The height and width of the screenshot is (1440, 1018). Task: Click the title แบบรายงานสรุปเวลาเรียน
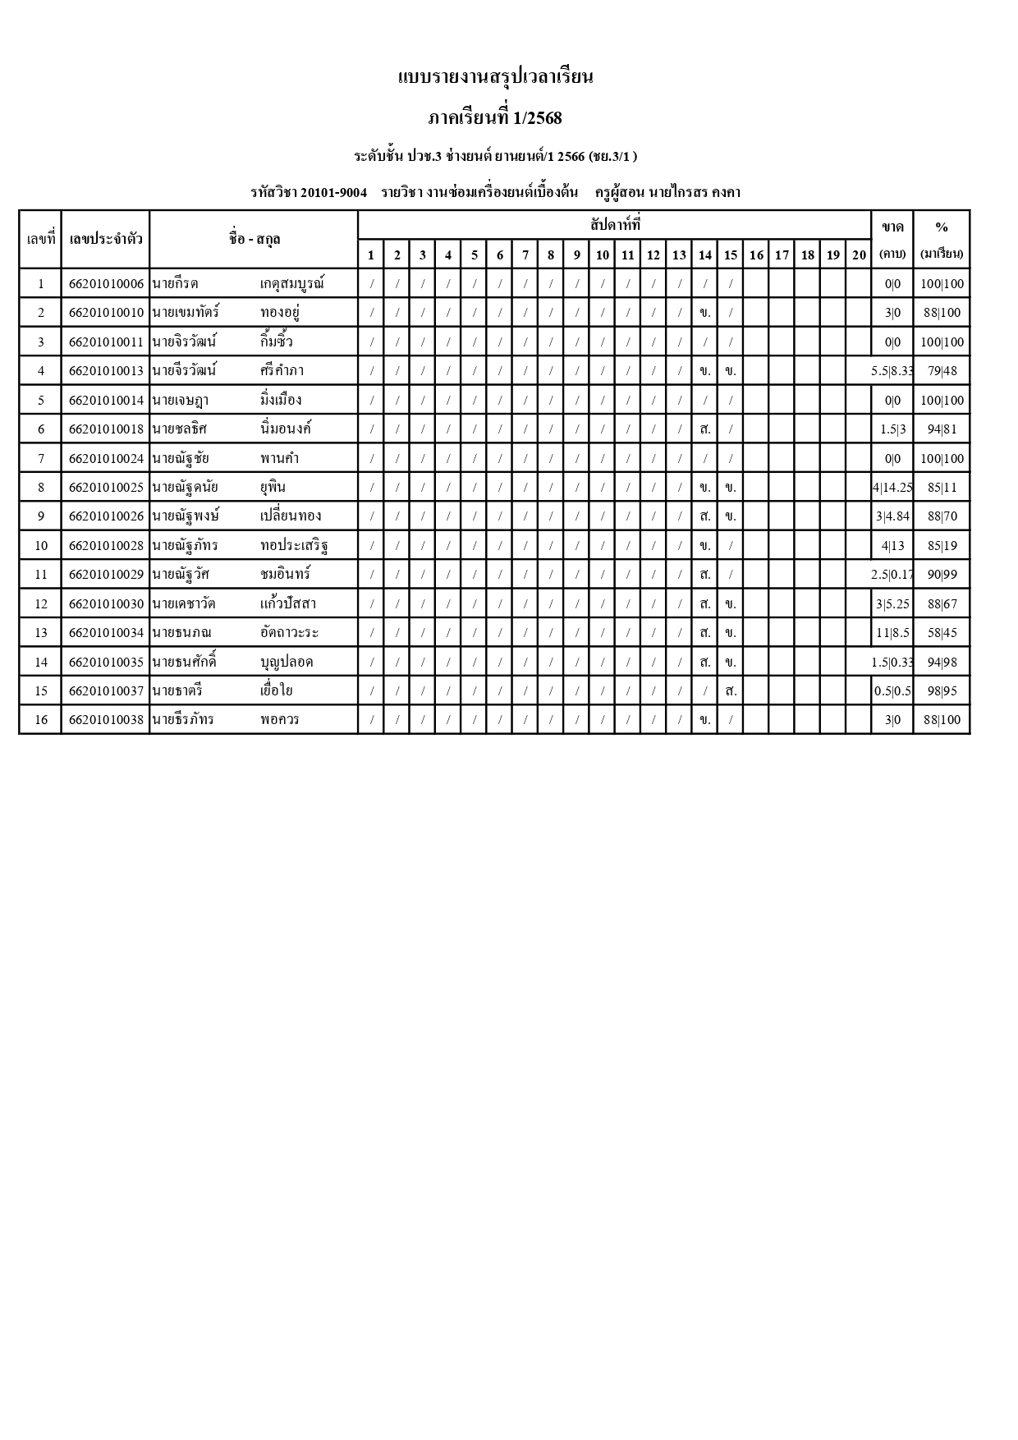[495, 77]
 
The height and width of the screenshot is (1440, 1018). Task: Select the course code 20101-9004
[333, 192]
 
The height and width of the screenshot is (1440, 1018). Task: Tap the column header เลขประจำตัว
[106, 239]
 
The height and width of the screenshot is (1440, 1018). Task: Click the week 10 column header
[602, 255]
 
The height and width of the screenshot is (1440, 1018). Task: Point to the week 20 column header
[859, 255]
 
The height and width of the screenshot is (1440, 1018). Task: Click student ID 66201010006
[106, 284]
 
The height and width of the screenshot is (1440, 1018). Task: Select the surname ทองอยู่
[279, 313]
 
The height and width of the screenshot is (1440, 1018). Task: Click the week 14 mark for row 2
[704, 313]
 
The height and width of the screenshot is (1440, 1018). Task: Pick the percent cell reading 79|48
[942, 371]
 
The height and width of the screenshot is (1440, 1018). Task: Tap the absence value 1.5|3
[892, 429]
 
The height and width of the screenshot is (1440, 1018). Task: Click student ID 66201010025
[106, 488]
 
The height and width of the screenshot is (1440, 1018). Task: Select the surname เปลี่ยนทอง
[291, 516]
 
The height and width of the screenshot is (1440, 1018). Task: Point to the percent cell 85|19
[942, 546]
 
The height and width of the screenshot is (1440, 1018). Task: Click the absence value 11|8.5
[892, 633]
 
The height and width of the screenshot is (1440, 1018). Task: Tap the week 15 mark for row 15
[731, 691]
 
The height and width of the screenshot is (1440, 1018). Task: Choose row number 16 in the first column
[41, 720]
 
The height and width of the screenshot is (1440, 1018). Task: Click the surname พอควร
[279, 720]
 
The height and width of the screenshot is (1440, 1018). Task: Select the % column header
[942, 227]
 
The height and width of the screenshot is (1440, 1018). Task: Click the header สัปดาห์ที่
[615, 224]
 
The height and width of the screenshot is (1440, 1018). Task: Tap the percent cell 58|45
[942, 633]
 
